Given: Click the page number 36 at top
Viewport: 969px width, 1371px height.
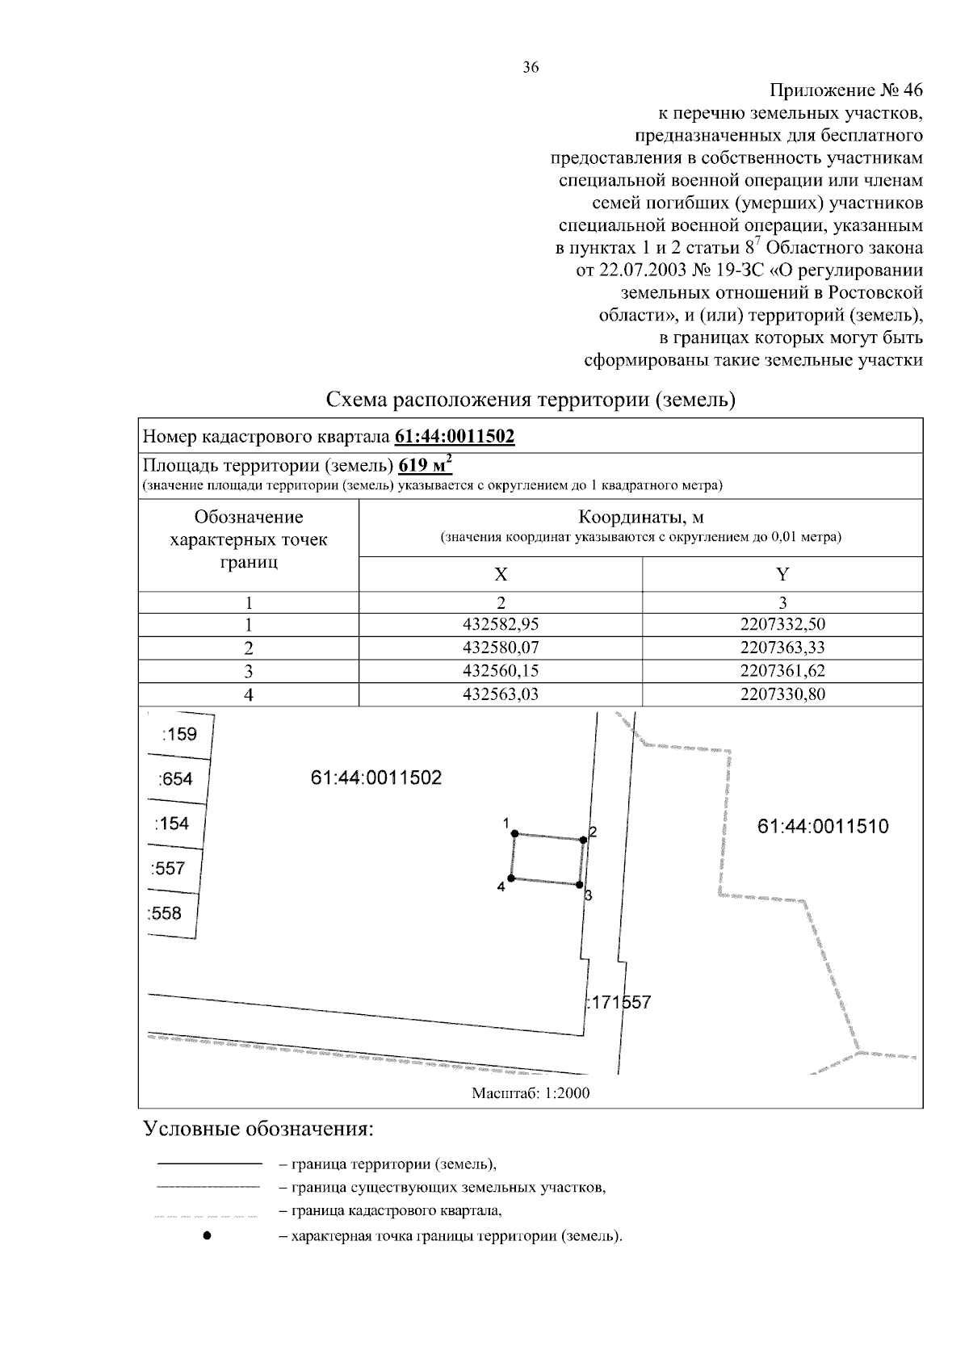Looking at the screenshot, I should (531, 68).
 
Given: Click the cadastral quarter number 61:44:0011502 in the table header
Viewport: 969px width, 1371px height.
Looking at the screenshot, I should (455, 438).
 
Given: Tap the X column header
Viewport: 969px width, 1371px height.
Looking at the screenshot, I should (501, 574).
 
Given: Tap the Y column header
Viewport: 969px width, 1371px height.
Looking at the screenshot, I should (782, 574).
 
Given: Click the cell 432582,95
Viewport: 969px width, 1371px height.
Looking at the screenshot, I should (501, 624).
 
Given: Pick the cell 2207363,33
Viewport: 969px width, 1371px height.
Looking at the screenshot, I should (782, 648).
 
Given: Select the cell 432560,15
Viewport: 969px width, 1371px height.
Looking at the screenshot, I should (501, 671).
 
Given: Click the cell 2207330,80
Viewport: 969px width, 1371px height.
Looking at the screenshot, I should (782, 694).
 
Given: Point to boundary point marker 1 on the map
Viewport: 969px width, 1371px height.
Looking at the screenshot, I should (515, 834).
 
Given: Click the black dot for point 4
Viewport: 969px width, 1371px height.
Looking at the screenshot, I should (510, 878).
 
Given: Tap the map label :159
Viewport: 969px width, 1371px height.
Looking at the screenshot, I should (178, 735).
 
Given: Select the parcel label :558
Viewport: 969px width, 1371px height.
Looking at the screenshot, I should (165, 914).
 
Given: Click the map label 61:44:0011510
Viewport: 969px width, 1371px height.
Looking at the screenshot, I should (823, 827).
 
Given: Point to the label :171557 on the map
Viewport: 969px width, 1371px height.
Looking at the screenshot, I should (618, 1003).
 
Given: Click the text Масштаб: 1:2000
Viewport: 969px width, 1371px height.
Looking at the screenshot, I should (531, 1093).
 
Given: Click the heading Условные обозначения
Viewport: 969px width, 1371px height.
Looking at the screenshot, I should (258, 1129).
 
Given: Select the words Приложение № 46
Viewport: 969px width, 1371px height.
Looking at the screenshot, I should (845, 90).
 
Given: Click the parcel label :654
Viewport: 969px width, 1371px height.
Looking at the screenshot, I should (175, 779).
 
